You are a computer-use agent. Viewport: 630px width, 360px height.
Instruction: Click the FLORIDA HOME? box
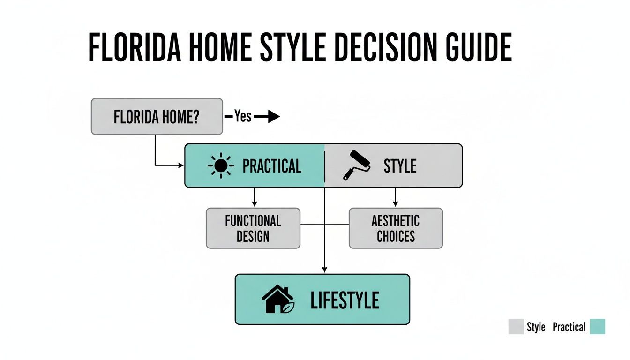click(157, 116)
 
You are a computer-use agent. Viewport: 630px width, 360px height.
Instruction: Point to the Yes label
click(243, 116)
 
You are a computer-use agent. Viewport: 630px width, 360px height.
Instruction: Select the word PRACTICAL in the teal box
click(271, 166)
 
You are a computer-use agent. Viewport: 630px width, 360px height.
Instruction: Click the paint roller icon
click(356, 165)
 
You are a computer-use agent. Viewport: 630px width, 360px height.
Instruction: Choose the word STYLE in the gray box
click(400, 166)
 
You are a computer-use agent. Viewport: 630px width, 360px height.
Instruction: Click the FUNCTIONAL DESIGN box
click(253, 228)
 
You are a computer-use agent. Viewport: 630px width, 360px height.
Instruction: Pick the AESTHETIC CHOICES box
click(396, 228)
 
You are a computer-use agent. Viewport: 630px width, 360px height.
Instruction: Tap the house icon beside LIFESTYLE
click(277, 299)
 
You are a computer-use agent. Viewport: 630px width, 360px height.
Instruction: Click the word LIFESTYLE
click(345, 300)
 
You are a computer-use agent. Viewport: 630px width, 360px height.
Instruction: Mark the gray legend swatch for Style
click(516, 327)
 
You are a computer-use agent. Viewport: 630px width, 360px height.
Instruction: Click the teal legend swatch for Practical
click(597, 327)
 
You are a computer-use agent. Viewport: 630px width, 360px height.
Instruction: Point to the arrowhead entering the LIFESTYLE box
click(324, 270)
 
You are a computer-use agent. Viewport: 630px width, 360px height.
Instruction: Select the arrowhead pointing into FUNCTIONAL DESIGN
click(255, 204)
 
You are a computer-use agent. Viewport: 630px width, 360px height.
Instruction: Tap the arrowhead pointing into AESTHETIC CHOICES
click(395, 204)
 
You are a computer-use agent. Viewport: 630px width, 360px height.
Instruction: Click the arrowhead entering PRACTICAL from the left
click(181, 165)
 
